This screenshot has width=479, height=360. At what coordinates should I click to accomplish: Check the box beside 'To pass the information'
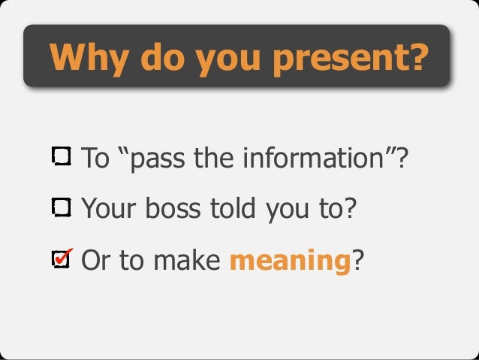62,157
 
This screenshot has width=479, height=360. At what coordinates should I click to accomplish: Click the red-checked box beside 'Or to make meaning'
62,259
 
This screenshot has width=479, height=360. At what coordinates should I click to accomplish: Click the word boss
165,207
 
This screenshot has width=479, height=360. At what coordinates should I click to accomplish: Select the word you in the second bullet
279,209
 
